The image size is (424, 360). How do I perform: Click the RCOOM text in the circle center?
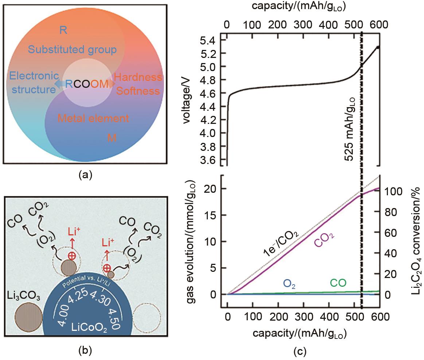click(87, 84)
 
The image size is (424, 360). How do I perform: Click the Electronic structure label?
click(34, 83)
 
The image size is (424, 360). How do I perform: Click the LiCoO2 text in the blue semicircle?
click(90, 330)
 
